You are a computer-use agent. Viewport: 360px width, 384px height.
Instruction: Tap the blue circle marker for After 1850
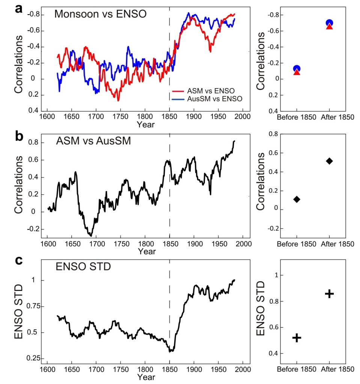(x=329, y=23)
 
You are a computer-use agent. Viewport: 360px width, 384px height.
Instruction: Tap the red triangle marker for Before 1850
(x=297, y=72)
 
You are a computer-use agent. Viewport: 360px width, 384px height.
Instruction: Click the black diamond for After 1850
(x=329, y=161)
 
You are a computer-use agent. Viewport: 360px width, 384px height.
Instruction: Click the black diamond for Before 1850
(x=297, y=199)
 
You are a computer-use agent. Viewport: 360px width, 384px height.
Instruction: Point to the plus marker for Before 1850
(x=297, y=338)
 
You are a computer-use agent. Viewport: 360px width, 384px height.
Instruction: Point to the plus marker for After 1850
(x=329, y=294)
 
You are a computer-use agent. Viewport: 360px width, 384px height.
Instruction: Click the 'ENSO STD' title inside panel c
(x=77, y=267)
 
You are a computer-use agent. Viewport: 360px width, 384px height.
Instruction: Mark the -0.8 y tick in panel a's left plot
(x=33, y=15)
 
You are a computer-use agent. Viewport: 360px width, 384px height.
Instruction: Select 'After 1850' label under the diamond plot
(x=337, y=244)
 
